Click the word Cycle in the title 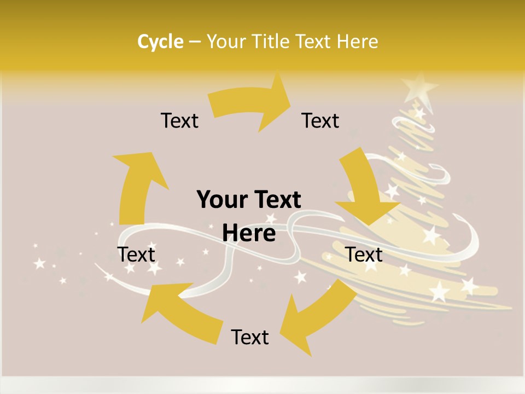tap(160, 42)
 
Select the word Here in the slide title tap(357, 42)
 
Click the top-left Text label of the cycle tap(179, 120)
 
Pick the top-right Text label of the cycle tap(320, 120)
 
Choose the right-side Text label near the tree tap(364, 254)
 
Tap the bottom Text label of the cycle tap(250, 337)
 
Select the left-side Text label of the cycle tap(137, 254)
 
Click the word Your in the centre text tap(219, 200)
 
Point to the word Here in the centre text tap(249, 234)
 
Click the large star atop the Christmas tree tap(419, 88)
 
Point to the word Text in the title tap(314, 42)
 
